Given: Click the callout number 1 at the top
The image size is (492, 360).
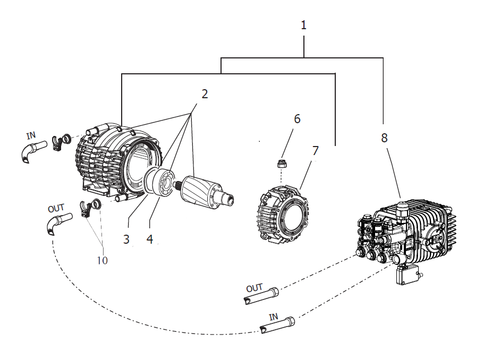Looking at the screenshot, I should pyautogui.click(x=303, y=25).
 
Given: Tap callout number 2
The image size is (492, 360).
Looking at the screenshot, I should pyautogui.click(x=205, y=94).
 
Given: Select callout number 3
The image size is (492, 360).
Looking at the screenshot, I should pyautogui.click(x=126, y=239).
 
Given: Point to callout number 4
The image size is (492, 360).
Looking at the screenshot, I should pyautogui.click(x=150, y=239).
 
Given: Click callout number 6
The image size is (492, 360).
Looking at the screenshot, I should pyautogui.click(x=297, y=119).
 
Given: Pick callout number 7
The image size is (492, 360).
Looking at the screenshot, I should pyautogui.click(x=315, y=151).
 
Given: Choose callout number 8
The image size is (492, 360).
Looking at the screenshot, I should pyautogui.click(x=384, y=138).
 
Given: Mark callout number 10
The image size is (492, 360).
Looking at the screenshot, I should pyautogui.click(x=102, y=260).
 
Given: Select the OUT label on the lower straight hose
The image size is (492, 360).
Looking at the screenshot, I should pyautogui.click(x=254, y=287).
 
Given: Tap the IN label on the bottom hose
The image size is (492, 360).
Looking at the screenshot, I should pyautogui.click(x=273, y=316).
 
